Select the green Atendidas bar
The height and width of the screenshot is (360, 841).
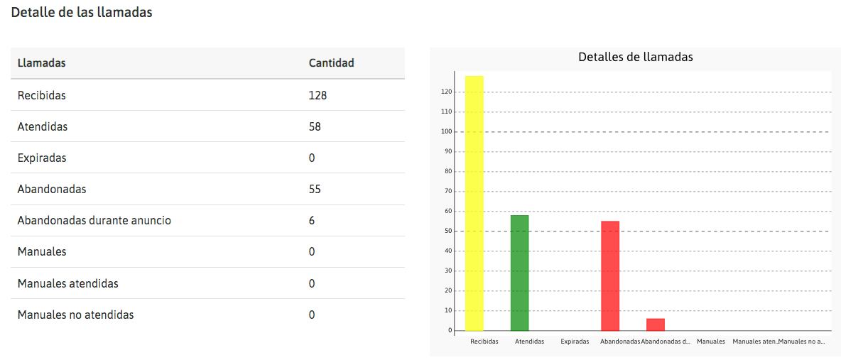(519, 273)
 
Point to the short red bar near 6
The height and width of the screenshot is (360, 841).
(655, 324)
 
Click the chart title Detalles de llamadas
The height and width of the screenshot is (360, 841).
(636, 57)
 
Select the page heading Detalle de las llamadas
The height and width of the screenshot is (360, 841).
(82, 13)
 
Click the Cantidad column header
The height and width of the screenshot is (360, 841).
(331, 63)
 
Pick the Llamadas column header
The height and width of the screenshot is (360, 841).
(41, 63)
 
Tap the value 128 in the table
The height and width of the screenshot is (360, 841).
(318, 95)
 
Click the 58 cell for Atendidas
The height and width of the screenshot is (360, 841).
(315, 126)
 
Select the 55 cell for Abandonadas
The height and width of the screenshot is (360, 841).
(315, 189)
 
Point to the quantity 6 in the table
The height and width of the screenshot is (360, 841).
(312, 221)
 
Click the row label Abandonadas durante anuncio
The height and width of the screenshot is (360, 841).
(94, 221)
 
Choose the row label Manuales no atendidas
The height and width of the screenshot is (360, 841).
(75, 315)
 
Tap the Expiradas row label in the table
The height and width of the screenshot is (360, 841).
(42, 158)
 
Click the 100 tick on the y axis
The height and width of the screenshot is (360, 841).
(446, 131)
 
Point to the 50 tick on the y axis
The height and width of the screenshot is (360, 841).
(447, 231)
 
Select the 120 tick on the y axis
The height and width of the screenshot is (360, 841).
(446, 92)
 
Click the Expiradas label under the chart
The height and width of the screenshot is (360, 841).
(575, 342)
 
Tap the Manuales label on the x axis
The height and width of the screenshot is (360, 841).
(710, 342)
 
